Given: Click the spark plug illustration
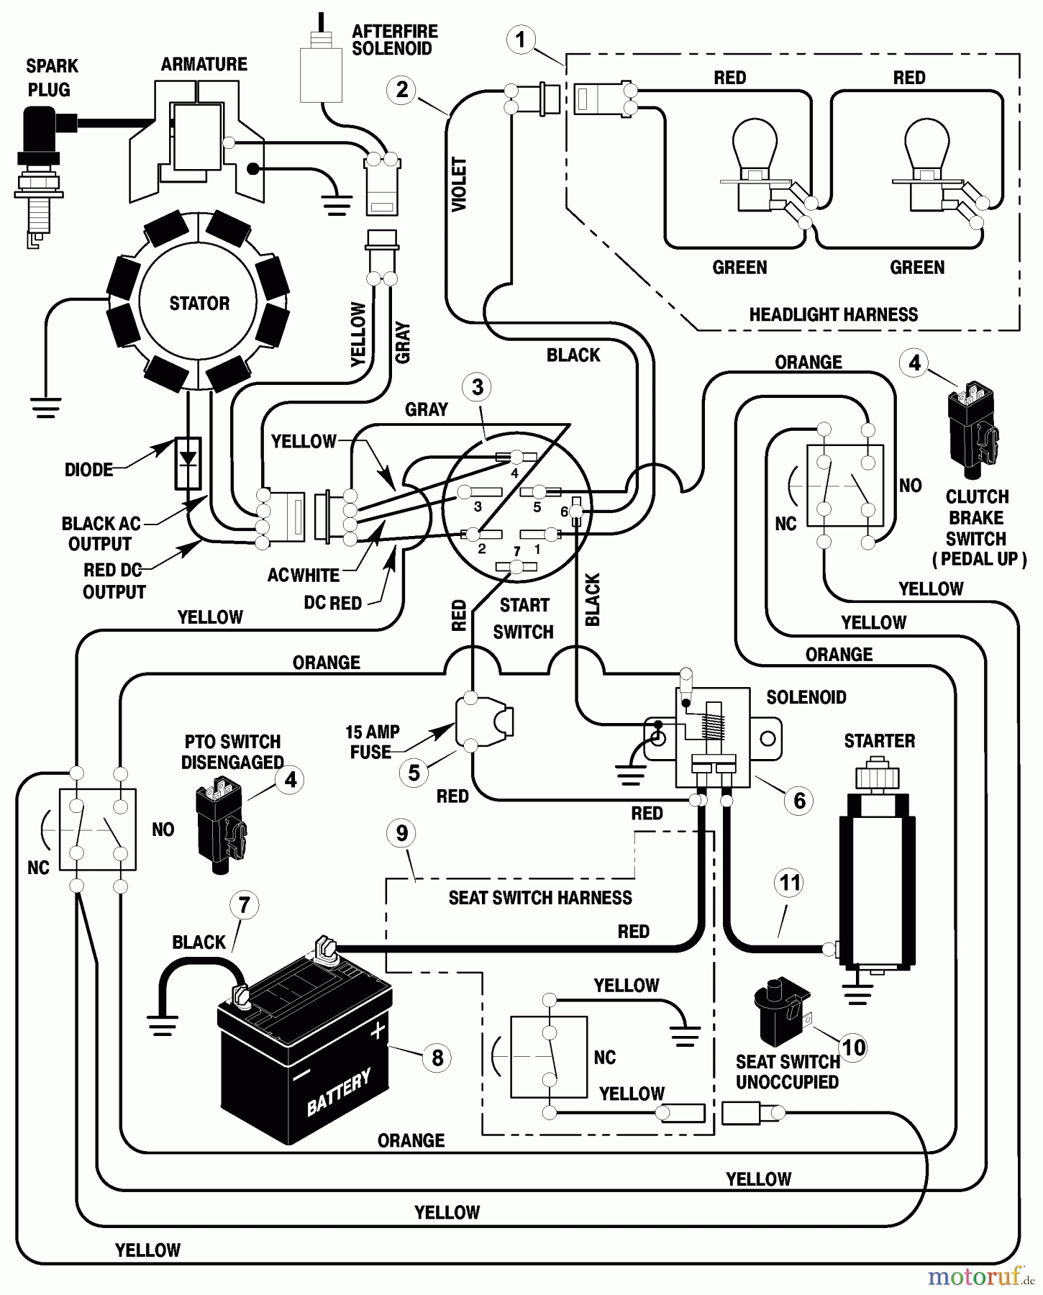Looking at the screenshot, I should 39,173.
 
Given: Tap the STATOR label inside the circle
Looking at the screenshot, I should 199,303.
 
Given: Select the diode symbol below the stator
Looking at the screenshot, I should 188,463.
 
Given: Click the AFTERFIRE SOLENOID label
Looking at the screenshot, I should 393,40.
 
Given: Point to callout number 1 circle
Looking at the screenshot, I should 521,39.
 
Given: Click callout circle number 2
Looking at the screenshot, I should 401,90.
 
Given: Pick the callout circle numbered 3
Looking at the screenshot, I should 478,387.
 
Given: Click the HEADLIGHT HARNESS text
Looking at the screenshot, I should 833,314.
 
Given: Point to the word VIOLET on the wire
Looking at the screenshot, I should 459,184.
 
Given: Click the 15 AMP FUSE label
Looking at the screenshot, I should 372,742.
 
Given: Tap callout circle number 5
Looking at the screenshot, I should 414,773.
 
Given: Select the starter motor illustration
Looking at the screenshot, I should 877,878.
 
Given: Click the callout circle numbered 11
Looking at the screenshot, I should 790,883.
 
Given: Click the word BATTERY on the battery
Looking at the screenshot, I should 339,1092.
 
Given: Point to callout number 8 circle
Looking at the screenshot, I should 437,1058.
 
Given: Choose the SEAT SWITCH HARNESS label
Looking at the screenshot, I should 540,898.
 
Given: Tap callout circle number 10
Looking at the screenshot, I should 853,1048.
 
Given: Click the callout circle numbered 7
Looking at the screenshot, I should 244,905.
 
